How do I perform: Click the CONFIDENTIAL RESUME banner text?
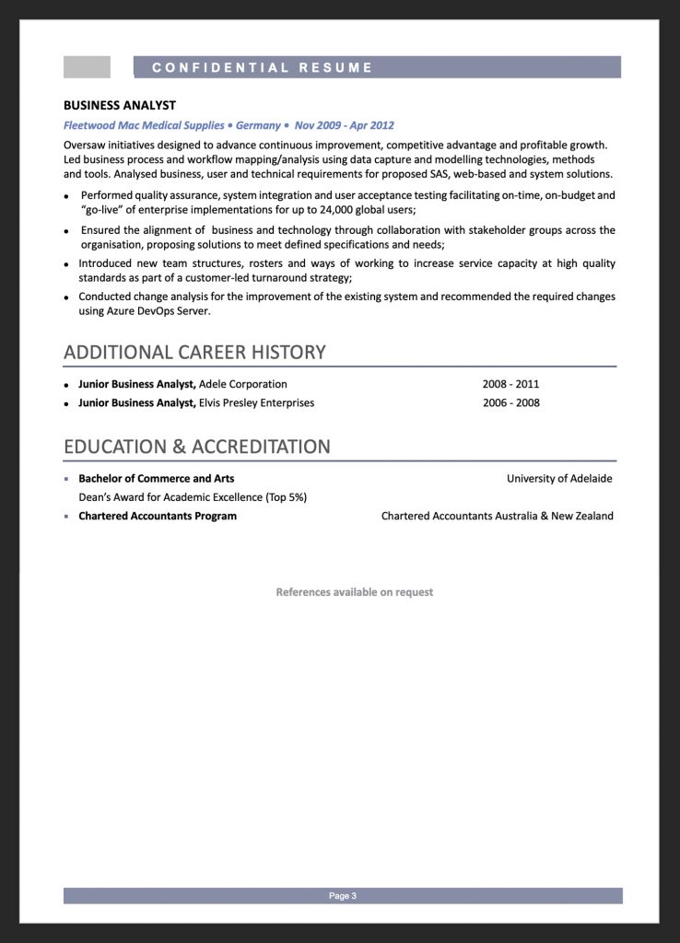tap(263, 67)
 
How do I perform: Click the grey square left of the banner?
tap(87, 67)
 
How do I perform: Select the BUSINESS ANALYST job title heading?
tap(120, 105)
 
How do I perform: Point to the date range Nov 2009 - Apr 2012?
tap(344, 125)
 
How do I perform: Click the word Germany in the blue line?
tap(258, 125)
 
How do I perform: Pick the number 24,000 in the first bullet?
tap(329, 210)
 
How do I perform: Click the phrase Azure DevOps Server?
tap(158, 311)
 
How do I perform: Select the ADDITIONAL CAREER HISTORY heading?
tap(194, 352)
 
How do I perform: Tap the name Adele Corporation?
tap(242, 384)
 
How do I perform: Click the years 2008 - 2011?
tap(510, 384)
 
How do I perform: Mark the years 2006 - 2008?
tap(510, 403)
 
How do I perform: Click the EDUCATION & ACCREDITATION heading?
tap(196, 447)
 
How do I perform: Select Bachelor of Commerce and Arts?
tap(156, 479)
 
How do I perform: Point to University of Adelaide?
tap(558, 479)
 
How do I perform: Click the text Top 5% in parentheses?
tap(286, 497)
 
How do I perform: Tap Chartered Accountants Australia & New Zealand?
tap(497, 517)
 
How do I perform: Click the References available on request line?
tap(354, 592)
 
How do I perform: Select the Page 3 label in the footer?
tap(342, 896)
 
